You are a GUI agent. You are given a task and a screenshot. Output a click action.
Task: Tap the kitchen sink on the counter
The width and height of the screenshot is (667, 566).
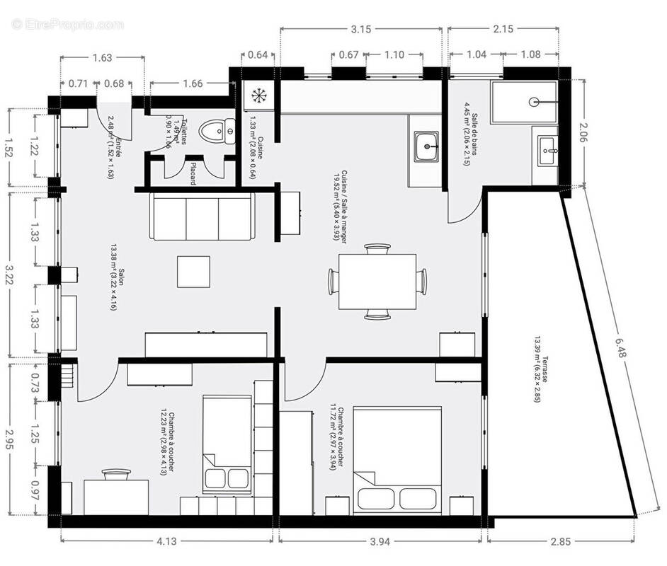pyautogui.click(x=427, y=148)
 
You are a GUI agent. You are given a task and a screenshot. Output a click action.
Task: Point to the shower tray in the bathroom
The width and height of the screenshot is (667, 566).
pyautogui.click(x=523, y=103)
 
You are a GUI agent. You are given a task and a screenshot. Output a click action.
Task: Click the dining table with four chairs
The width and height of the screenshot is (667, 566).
pyautogui.click(x=377, y=282)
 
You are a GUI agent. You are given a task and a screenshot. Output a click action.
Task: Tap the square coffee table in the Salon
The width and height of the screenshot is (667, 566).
pyautogui.click(x=193, y=272)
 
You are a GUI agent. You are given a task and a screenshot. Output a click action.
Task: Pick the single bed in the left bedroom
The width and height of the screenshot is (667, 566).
pyautogui.click(x=227, y=444)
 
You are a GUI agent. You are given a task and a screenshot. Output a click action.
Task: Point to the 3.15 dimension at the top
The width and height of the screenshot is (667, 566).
pyautogui.click(x=361, y=29)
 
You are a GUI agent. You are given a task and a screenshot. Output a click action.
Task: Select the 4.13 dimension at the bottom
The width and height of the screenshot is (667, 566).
pyautogui.click(x=166, y=542)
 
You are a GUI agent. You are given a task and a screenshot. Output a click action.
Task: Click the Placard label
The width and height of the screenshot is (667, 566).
pyautogui.click(x=192, y=172)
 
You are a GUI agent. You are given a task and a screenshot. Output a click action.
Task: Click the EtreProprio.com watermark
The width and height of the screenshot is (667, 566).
pyautogui.click(x=67, y=24)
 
